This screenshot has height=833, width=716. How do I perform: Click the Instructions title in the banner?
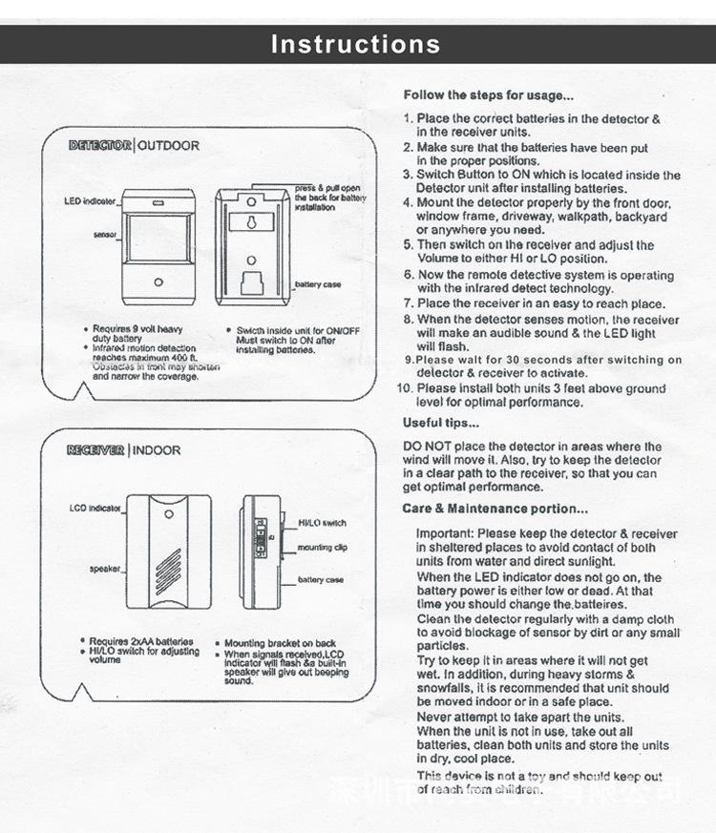click(356, 44)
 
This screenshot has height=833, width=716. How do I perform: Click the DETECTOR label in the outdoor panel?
click(100, 146)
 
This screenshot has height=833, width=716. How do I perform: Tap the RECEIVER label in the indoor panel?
click(95, 449)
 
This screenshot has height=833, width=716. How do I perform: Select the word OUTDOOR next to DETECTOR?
click(169, 146)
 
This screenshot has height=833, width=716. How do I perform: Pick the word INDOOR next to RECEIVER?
click(156, 449)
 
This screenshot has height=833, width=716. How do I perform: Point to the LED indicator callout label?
click(90, 201)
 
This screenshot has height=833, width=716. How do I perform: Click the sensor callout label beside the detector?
click(105, 234)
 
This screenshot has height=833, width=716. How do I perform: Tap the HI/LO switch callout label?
click(322, 523)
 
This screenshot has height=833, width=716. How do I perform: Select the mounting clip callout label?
click(322, 548)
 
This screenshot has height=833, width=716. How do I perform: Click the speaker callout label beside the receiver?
click(103, 568)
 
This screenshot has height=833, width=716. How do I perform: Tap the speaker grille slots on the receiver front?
click(169, 561)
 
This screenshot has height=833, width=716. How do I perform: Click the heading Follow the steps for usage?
click(488, 95)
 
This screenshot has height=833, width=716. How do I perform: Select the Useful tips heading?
click(440, 423)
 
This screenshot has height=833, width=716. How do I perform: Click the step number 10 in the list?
click(404, 389)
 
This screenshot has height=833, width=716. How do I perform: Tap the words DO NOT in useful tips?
click(424, 447)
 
